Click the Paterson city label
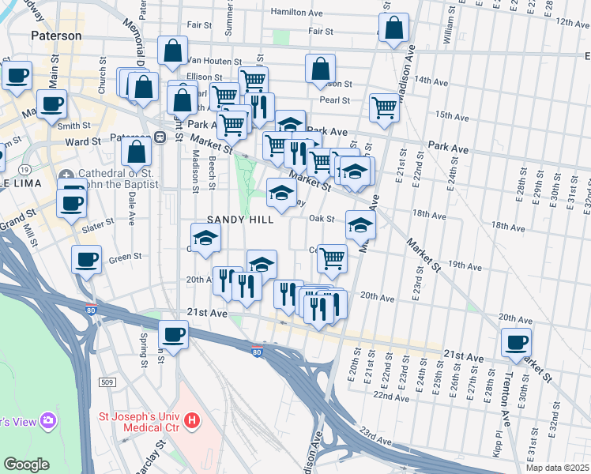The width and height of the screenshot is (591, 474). (x=56, y=36)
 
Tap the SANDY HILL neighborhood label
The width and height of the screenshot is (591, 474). (x=240, y=220)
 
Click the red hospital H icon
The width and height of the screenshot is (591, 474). (x=190, y=423)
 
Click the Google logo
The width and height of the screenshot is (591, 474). (x=27, y=464)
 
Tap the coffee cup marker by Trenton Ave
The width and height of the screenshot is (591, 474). (x=517, y=344)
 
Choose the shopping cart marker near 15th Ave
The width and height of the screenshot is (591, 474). (x=384, y=107)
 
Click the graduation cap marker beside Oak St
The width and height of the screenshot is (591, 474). (x=360, y=226)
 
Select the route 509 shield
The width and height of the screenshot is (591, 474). (x=108, y=382)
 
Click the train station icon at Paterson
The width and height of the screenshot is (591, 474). (x=160, y=137)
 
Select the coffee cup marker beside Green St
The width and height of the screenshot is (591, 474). (x=86, y=259)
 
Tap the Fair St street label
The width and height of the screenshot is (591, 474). (x=320, y=32)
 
